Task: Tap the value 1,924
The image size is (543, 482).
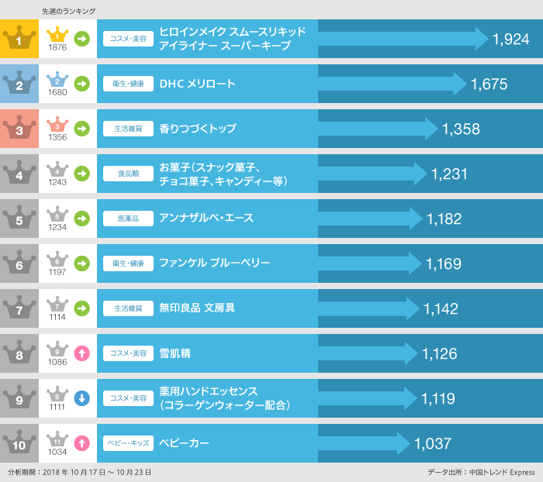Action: (x=510, y=40)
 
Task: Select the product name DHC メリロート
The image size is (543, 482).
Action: (x=197, y=84)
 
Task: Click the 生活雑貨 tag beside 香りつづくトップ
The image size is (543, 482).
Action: (x=128, y=129)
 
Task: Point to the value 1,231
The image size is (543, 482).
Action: (x=449, y=174)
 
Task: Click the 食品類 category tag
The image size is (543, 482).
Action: (x=128, y=174)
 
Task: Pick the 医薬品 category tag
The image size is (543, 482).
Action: (x=128, y=219)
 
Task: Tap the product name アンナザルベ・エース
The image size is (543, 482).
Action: (x=206, y=219)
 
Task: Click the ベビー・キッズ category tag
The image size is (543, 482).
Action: (x=128, y=443)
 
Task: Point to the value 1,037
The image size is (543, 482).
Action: (x=433, y=444)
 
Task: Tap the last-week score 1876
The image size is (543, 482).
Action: (x=57, y=47)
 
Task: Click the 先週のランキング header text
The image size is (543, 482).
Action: (x=68, y=11)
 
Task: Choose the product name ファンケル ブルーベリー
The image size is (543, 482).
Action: (x=214, y=263)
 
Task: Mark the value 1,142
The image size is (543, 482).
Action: (x=441, y=309)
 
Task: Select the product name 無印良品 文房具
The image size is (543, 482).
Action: (x=197, y=308)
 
